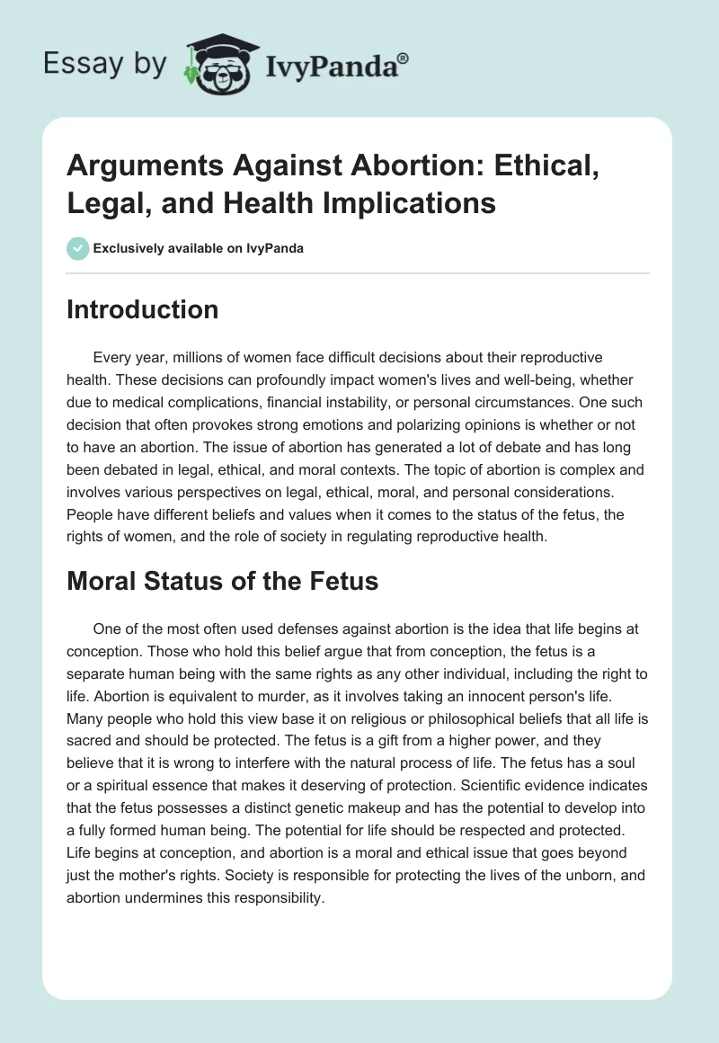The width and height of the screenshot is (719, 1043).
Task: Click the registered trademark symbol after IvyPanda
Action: pyautogui.click(x=404, y=58)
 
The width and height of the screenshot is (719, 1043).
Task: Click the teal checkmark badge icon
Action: pyautogui.click(x=78, y=248)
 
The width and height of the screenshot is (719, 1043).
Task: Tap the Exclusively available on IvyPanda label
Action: pyautogui.click(x=200, y=248)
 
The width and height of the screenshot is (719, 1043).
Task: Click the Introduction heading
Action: pyautogui.click(x=143, y=309)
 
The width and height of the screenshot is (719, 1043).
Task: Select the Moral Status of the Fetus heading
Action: pyautogui.click(x=223, y=581)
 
